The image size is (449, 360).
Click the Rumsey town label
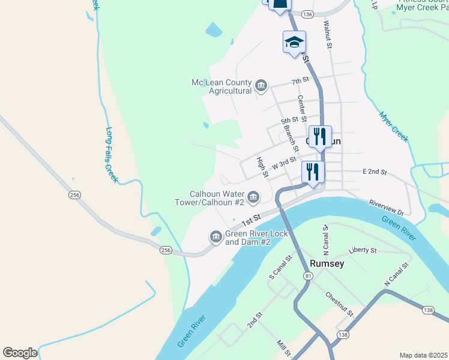327,263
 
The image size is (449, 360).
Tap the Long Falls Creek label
112,154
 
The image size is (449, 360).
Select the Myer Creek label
393,126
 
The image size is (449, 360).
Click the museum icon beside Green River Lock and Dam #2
215,237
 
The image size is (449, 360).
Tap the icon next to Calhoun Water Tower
253,197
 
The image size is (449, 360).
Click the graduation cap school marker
294,42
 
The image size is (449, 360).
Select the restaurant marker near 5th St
320,136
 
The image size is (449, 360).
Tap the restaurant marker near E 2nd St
313,172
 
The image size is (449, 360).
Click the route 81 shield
309,275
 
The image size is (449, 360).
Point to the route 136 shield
307,14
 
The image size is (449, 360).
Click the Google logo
20,353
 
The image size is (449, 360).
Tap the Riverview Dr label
390,207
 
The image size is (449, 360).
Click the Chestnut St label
340,304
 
